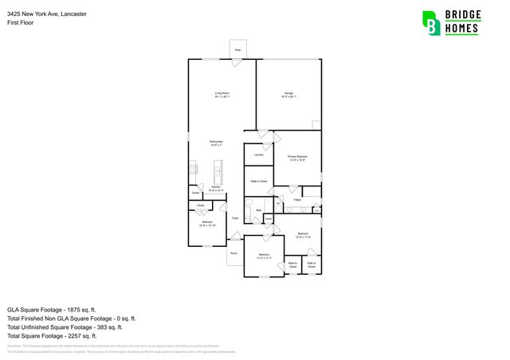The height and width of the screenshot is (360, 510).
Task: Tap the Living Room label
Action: click(222, 95)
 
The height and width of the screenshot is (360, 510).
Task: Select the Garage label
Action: click(288, 95)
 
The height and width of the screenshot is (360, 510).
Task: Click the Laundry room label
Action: click(258, 155)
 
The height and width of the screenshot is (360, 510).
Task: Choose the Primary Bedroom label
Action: click(297, 158)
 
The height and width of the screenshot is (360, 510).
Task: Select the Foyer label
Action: click(235, 217)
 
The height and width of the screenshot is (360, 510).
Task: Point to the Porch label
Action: click(234, 253)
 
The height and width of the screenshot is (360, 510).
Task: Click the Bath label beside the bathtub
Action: click(259, 210)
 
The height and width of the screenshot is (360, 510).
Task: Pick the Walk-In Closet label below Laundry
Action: click(257, 181)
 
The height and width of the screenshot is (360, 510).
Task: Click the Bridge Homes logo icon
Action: click(431, 23)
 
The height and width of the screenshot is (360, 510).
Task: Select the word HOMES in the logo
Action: click(461, 29)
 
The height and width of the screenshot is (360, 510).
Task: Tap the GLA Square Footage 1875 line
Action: click(52, 308)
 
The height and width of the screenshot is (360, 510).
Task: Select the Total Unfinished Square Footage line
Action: click(65, 327)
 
